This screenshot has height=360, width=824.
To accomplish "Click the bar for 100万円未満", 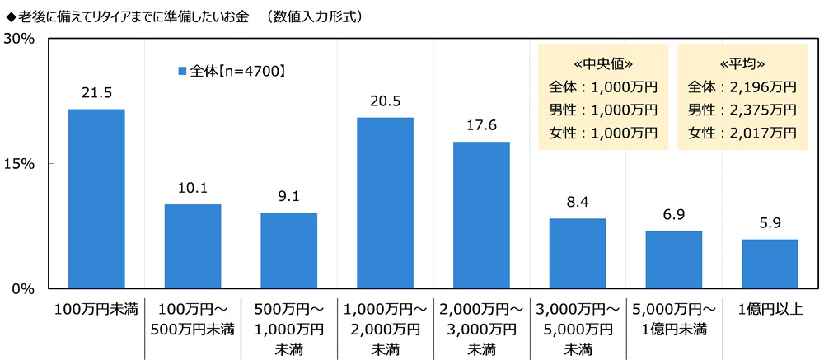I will coord(96,199).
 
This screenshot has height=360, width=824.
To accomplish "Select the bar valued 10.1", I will coord(193,246).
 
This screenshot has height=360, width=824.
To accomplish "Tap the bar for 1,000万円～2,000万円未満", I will coord(385,203).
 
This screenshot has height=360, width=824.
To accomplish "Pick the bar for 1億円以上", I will coord(770,264).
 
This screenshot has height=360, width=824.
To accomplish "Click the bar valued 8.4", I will coord(577,254).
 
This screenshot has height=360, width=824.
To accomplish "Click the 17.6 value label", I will coord(481,127).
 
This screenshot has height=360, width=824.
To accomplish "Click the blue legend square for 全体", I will coord(183,72).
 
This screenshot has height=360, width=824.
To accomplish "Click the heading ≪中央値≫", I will coord(602,63).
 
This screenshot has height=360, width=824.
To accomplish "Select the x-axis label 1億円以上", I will coord(770,310).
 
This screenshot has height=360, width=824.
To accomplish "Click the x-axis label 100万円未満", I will coord(96,310).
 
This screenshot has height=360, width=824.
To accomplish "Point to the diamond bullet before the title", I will coord(10,16).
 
